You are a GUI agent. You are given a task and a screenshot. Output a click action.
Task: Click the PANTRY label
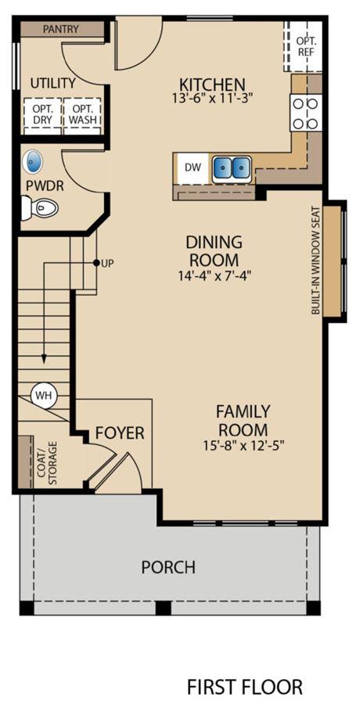61,30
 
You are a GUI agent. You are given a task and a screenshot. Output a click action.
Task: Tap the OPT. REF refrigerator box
304,46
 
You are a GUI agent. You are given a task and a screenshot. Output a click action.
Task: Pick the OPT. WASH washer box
82,114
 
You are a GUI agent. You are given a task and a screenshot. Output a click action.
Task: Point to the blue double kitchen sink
232,168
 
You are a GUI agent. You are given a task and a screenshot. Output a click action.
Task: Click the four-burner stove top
306,113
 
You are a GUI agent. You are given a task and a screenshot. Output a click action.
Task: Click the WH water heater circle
45,396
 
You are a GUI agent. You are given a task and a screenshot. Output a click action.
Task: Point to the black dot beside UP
95,263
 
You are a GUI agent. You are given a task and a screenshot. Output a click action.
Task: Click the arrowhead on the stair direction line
44,358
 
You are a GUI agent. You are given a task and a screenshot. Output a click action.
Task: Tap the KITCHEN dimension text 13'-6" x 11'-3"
212,99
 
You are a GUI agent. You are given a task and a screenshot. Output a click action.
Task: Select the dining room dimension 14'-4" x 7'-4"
214,275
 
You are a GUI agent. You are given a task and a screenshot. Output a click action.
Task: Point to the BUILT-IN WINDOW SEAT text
315,260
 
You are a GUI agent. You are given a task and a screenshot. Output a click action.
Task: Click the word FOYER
120,433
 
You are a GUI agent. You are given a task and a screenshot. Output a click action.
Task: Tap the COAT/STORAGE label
49,463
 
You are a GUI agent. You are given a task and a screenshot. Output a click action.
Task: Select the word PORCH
168,567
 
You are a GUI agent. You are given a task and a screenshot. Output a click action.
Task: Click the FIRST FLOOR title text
244,687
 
